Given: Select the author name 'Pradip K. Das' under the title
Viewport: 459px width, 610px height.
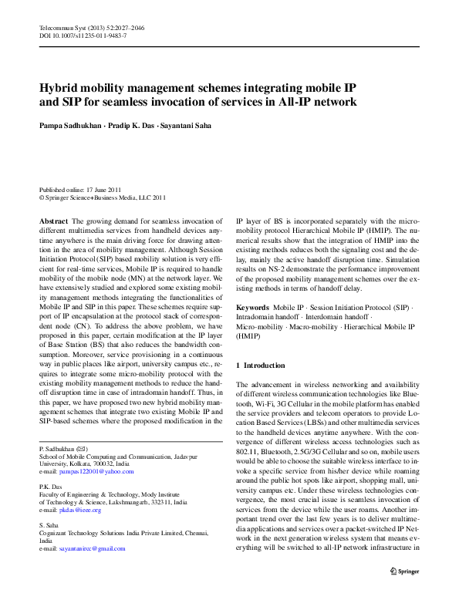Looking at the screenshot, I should click(132, 124).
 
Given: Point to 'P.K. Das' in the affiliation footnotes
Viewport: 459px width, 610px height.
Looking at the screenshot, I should click(51, 487).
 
